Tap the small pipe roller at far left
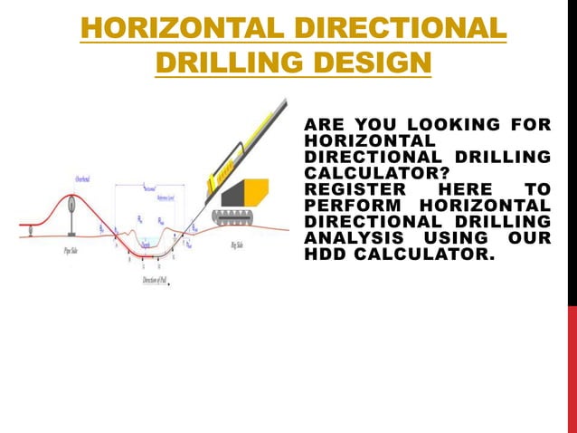tap(32, 230)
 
